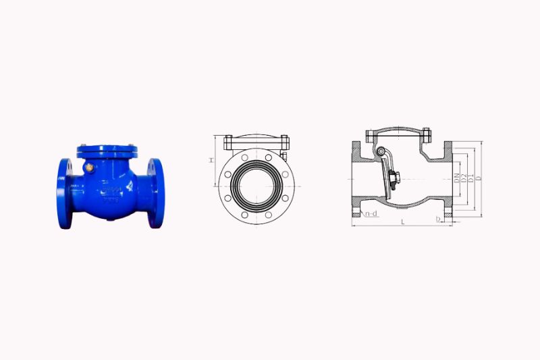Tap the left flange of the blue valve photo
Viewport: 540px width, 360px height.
(x=65, y=192)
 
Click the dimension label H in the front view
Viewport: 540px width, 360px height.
(x=211, y=160)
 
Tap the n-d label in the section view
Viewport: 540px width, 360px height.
(x=371, y=214)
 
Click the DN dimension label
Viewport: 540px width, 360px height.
(x=457, y=179)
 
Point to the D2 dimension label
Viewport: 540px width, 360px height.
(x=464, y=179)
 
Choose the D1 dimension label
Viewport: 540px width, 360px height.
(x=470, y=179)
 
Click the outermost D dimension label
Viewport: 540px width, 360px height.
(x=478, y=179)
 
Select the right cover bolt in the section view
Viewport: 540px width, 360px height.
(x=426, y=133)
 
